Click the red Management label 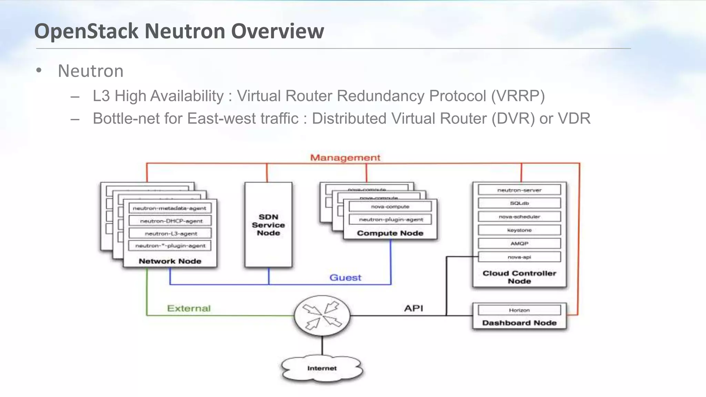345,158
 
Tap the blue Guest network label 345,277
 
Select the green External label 189,308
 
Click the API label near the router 413,308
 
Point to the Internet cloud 322,368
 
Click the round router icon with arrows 322,315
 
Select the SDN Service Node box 268,225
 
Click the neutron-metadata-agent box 170,208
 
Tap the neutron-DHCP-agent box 170,221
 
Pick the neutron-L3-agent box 170,233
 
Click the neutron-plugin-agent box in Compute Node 390,220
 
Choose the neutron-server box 519,190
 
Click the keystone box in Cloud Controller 519,230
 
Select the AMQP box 519,243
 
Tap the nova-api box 519,257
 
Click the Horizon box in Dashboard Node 519,310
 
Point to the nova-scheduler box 519,217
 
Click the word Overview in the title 278,31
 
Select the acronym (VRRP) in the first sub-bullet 518,96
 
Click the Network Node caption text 170,261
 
